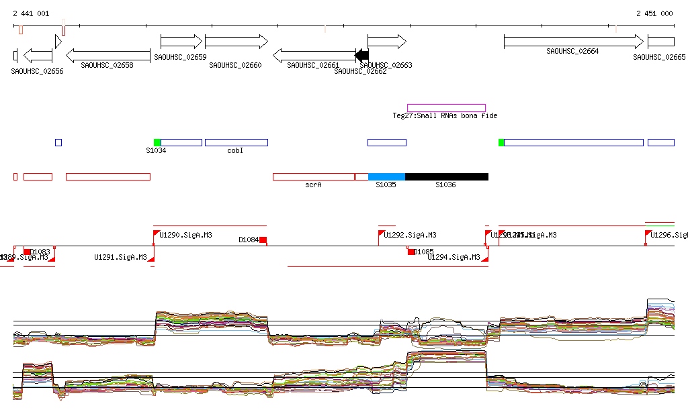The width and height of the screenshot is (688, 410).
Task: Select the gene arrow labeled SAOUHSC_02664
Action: pos(572,42)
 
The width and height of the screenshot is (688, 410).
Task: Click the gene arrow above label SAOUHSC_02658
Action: pos(107,55)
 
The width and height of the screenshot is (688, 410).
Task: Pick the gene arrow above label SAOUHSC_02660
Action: pos(236,42)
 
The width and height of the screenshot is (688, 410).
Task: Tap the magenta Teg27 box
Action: pos(446,107)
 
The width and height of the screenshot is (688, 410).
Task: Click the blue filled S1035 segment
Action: pos(386,176)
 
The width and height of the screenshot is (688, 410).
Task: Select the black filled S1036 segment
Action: pos(446,176)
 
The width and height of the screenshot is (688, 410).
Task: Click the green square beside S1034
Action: pos(157,142)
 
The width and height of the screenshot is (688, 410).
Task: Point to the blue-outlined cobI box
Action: pos(236,142)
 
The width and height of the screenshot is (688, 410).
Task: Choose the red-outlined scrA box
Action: pos(313,176)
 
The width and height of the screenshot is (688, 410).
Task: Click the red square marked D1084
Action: pos(263,240)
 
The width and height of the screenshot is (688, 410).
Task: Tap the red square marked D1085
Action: pos(411,252)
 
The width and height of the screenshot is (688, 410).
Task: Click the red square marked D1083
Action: pos(28,252)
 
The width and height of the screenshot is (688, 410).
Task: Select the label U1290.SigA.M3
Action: pos(185,236)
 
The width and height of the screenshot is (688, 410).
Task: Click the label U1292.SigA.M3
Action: pos(410,236)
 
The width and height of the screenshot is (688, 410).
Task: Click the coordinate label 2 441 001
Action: pos(30,13)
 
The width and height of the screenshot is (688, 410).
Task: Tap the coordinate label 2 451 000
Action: pos(654,13)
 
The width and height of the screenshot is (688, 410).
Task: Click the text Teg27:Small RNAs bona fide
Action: pos(445,116)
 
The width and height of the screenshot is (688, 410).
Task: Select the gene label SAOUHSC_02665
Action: pos(659,58)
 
